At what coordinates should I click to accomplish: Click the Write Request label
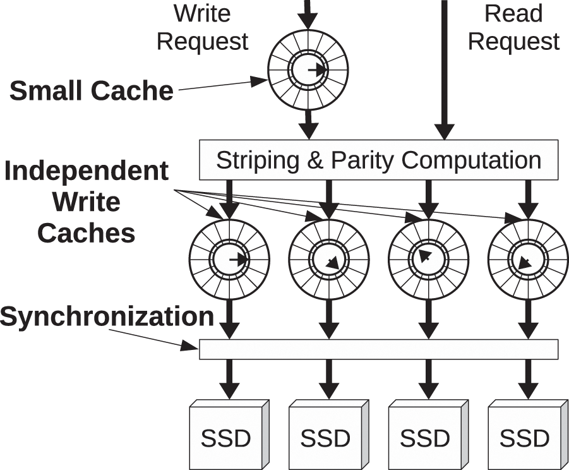202,28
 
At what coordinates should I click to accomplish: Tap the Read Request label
513,28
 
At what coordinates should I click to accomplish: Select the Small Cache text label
92,91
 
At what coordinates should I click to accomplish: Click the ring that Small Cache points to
308,69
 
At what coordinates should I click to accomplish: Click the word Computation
471,160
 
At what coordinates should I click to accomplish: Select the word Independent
87,171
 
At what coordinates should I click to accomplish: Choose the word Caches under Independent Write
87,233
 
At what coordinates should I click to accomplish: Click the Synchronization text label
107,316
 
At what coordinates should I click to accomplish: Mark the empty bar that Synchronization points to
379,349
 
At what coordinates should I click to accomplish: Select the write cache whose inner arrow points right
229,259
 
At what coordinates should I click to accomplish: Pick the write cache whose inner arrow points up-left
428,259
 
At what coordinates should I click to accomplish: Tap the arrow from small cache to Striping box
308,124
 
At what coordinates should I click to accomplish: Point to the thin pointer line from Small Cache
221,85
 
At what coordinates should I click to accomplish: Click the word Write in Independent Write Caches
87,202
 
